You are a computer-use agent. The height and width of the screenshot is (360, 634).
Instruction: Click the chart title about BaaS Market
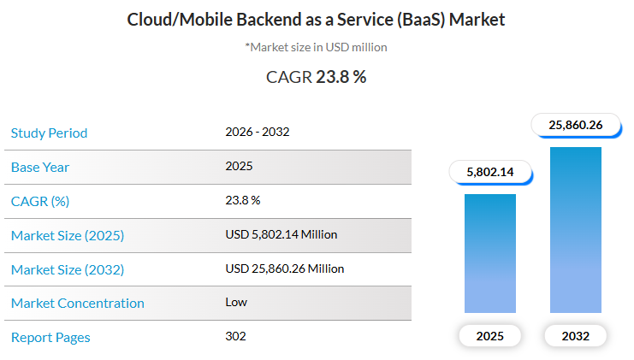[317, 19]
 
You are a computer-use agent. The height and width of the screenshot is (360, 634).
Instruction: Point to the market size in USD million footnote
[317, 47]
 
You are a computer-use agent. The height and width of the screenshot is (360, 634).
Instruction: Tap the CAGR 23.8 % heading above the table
[317, 77]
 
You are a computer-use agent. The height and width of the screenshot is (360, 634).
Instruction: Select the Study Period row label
[49, 133]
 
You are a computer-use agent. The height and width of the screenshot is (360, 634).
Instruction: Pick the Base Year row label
[40, 167]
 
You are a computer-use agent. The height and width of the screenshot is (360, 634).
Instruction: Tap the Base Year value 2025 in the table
[239, 166]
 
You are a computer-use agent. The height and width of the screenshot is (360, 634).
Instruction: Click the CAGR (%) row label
[39, 201]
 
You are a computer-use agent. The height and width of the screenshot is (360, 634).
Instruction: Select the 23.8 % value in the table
[242, 200]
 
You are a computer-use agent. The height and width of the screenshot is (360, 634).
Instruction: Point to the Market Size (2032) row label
[67, 269]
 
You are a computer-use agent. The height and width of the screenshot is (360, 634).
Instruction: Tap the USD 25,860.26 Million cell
[284, 269]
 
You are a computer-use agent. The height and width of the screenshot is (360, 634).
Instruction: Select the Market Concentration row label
[77, 303]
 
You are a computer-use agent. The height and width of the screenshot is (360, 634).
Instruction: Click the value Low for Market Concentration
[235, 302]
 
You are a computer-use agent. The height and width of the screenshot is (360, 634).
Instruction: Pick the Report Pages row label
[50, 337]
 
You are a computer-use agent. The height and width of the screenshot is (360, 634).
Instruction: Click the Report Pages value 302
[235, 336]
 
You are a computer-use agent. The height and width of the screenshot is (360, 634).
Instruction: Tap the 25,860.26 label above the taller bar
[576, 125]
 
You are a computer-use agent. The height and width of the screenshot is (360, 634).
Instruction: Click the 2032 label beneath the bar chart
[576, 336]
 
